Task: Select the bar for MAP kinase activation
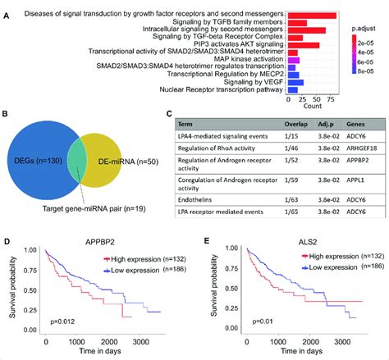pyautogui.click(x=291, y=61)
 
